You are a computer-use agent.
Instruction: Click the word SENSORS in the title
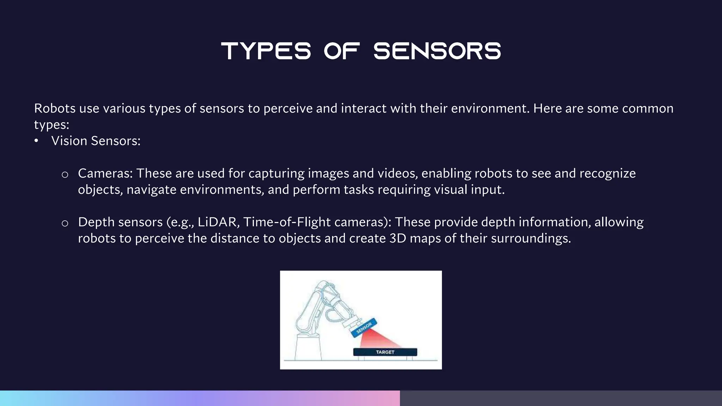(437, 51)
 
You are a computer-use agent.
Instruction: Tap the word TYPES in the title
(266, 51)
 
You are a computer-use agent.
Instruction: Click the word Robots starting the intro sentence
(55, 108)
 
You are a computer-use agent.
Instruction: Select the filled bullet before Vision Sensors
(36, 141)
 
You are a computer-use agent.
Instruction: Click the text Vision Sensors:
(96, 141)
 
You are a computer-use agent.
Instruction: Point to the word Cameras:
(105, 173)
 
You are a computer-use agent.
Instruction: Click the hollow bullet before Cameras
(65, 174)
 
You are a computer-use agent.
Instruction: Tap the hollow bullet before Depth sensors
(65, 223)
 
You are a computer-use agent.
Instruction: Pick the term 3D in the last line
(398, 239)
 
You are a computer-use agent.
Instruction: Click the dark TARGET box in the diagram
(385, 352)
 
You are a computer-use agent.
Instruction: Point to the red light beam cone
(377, 340)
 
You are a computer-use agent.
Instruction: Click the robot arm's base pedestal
(308, 347)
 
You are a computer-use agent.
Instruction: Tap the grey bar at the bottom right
(561, 398)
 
